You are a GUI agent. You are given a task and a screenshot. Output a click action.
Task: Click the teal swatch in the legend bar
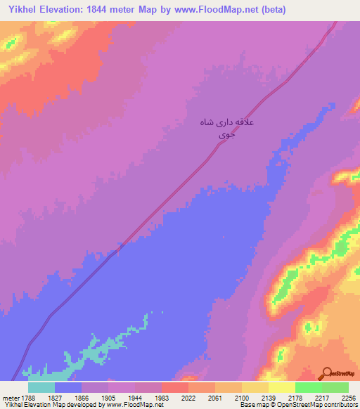[x=41, y=387]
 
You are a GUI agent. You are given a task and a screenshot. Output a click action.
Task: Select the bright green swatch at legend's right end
[x=335, y=387]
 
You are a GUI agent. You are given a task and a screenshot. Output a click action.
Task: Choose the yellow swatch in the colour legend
[x=282, y=387]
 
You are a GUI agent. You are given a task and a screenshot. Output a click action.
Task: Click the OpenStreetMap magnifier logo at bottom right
[x=326, y=373]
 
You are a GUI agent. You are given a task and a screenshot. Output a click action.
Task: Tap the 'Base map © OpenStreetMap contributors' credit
[x=299, y=405]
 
